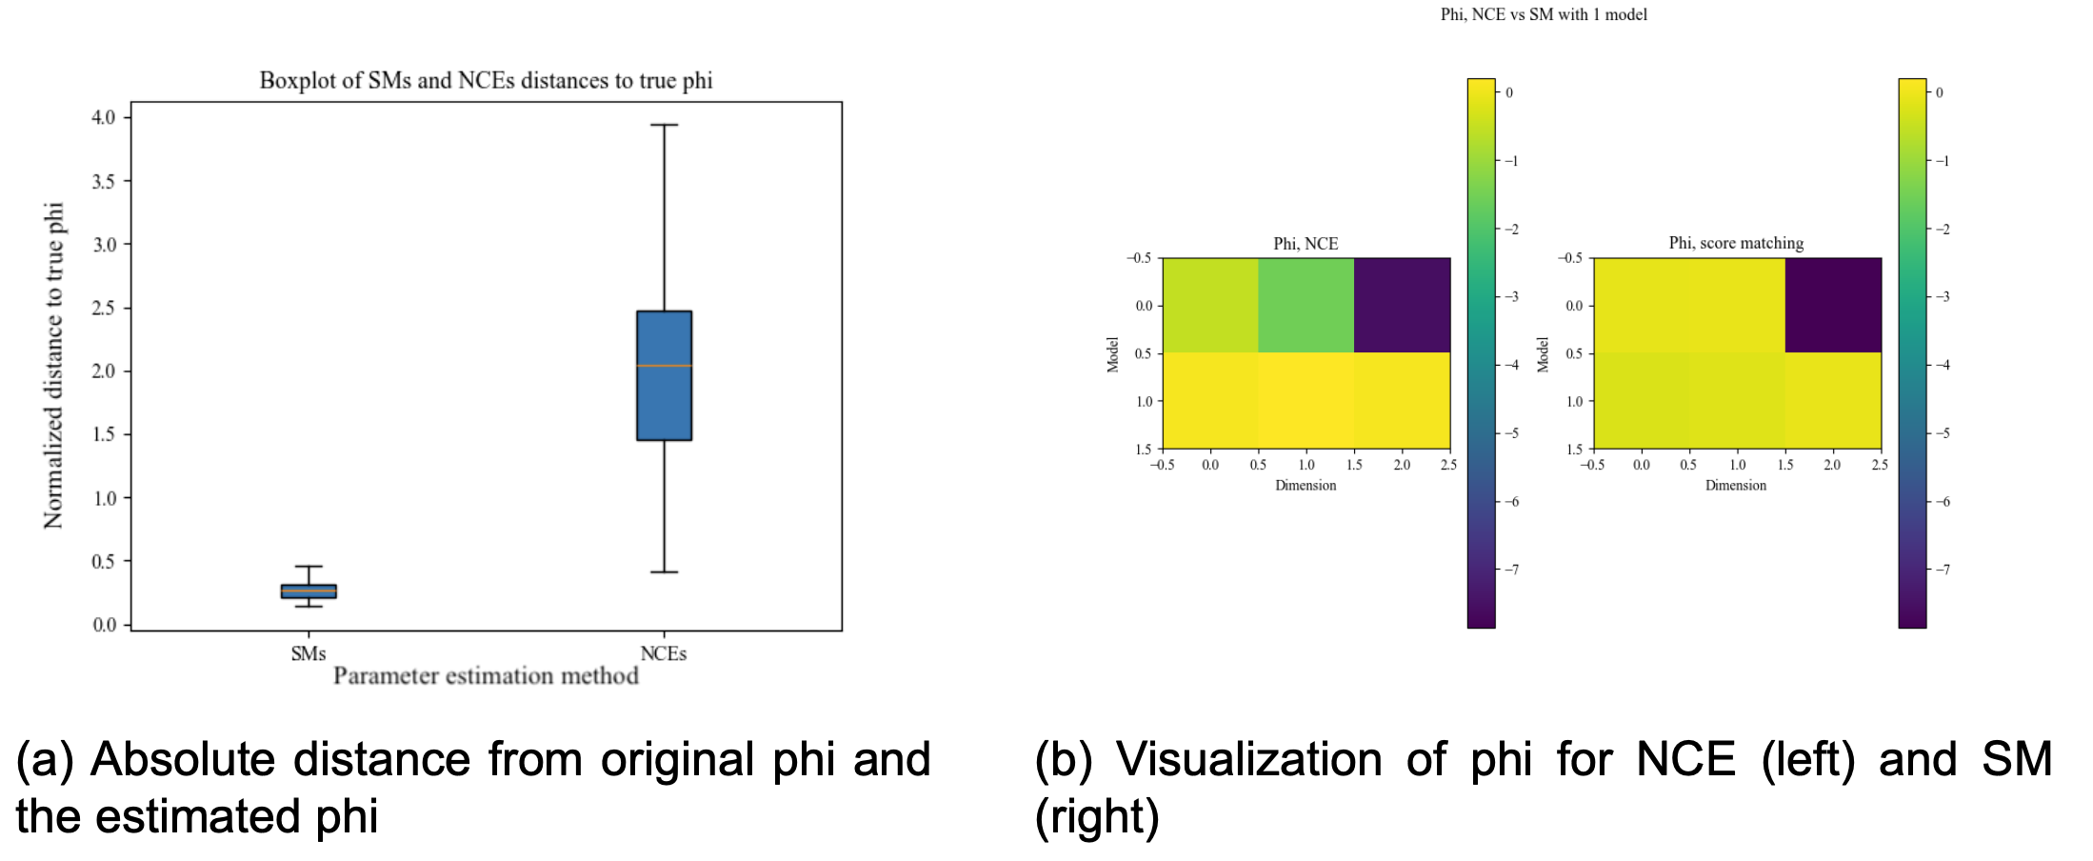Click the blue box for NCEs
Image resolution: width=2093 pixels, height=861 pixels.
[664, 400]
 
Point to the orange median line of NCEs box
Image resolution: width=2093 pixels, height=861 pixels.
[664, 366]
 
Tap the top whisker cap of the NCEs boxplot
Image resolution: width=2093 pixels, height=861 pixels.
[664, 125]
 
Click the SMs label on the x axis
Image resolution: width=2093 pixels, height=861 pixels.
[309, 653]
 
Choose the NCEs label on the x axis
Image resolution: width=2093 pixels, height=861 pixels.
[663, 653]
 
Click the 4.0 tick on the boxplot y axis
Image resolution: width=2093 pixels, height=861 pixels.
[103, 117]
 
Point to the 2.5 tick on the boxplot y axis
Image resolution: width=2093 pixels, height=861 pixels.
[103, 308]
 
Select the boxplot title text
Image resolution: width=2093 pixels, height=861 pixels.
[486, 80]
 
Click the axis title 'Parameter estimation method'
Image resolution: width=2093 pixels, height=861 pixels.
[486, 676]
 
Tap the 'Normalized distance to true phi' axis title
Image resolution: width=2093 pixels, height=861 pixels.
[53, 366]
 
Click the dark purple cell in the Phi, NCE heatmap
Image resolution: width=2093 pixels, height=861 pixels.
[1402, 305]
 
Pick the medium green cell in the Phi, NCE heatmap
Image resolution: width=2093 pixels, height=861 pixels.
[1306, 305]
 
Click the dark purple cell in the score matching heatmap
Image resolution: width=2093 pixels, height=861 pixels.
[1833, 305]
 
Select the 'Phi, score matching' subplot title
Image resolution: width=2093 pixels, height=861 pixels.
[1736, 243]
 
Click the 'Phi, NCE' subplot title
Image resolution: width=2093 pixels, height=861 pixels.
[1306, 244]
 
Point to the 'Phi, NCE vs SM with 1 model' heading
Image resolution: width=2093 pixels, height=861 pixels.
[1544, 14]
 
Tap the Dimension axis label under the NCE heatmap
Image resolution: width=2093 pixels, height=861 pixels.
[1306, 486]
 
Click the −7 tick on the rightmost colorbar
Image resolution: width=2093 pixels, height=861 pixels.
[1943, 570]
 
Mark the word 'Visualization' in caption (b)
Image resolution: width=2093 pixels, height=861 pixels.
[1248, 760]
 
